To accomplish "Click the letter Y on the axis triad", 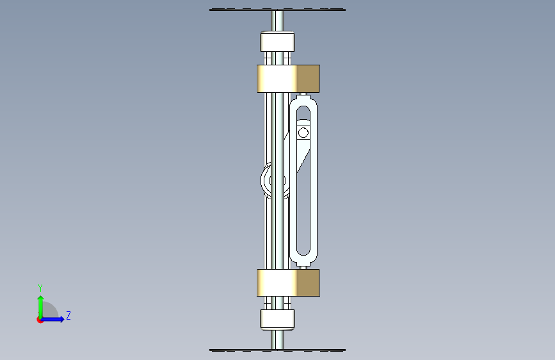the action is (x=40, y=288).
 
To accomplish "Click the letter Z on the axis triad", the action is (x=68, y=315).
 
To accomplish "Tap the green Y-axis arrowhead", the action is (x=41, y=299).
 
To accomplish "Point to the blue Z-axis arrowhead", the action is (x=61, y=319).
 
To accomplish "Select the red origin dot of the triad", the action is (x=40, y=320).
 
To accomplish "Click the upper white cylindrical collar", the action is (x=278, y=42).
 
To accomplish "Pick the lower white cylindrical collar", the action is (x=278, y=319).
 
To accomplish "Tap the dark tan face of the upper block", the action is (x=309, y=79).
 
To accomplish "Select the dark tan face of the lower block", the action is (x=309, y=282).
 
